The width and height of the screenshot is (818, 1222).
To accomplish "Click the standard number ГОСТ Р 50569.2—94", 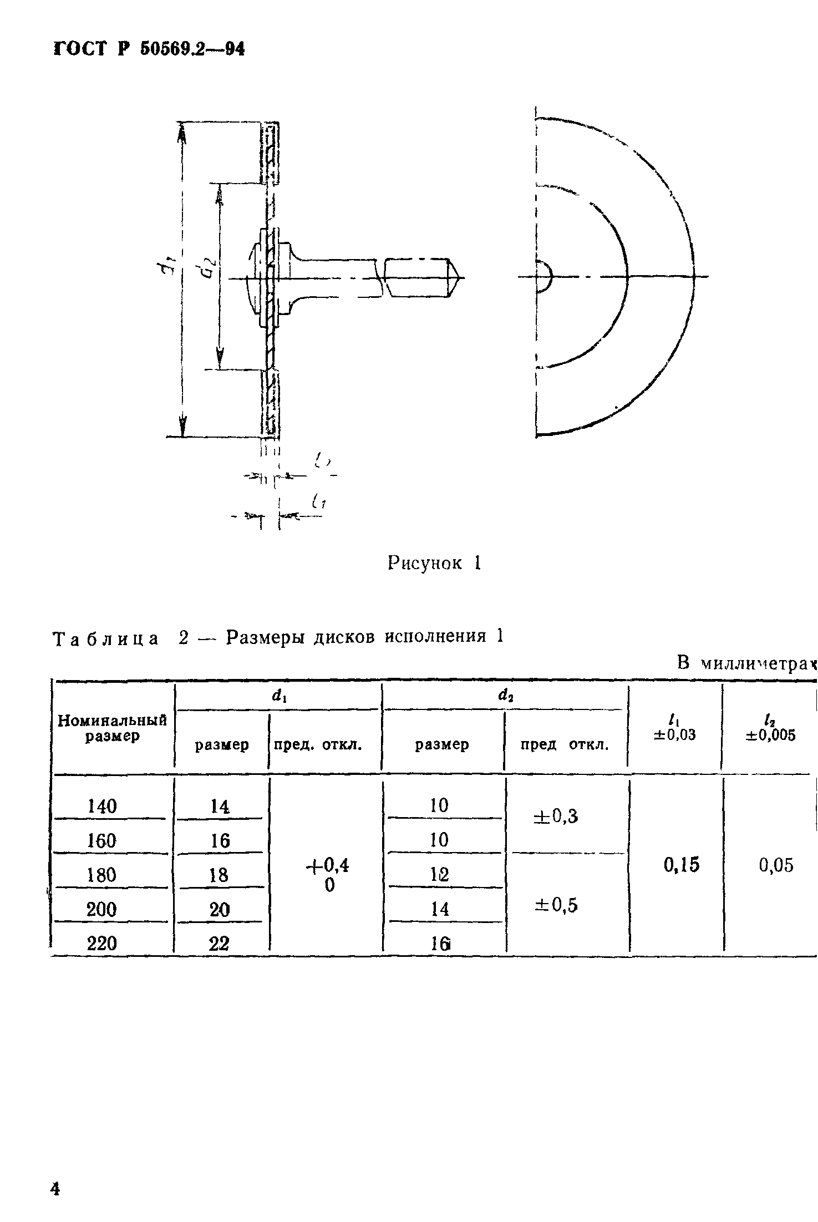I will pyautogui.click(x=149, y=49).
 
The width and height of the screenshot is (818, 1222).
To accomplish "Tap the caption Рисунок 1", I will pyautogui.click(x=434, y=564).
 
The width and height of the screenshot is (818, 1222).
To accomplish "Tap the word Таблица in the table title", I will pyautogui.click(x=105, y=639).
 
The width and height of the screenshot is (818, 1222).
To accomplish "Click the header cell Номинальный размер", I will pyautogui.click(x=113, y=728).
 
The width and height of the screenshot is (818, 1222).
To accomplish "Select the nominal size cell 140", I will pyautogui.click(x=103, y=806).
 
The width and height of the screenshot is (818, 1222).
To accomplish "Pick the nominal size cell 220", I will pyautogui.click(x=102, y=943).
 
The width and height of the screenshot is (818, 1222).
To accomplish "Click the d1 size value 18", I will pyautogui.click(x=219, y=875).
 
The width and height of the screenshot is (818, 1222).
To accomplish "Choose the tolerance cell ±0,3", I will pyautogui.click(x=556, y=816).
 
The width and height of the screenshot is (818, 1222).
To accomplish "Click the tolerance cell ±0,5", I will pyautogui.click(x=556, y=906).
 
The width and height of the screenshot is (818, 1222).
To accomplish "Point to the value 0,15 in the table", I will pyautogui.click(x=682, y=865).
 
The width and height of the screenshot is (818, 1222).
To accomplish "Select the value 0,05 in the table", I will pyautogui.click(x=776, y=866).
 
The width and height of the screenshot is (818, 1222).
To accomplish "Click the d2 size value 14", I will pyautogui.click(x=440, y=909).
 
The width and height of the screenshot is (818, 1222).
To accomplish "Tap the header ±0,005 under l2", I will pyautogui.click(x=771, y=735).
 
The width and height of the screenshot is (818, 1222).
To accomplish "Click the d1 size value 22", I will pyautogui.click(x=219, y=944).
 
